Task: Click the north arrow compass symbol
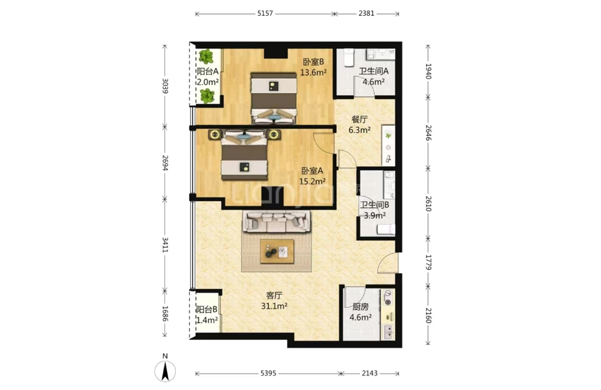tap(165, 371)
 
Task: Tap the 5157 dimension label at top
tap(265, 13)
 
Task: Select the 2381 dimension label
tap(367, 13)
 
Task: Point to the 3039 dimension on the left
tap(165, 87)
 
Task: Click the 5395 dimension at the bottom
tap(268, 373)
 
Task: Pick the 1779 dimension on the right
tap(428, 262)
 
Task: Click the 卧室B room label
tap(313, 62)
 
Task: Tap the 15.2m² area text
tap(312, 181)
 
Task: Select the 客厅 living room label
tap(274, 295)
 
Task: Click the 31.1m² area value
tap(274, 306)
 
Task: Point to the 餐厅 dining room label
tap(360, 119)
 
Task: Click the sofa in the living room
tap(277, 222)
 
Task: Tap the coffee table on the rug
tap(277, 252)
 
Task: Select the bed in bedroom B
tap(274, 98)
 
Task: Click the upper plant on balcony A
tap(207, 57)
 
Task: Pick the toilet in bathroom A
tap(348, 58)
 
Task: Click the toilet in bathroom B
tap(385, 229)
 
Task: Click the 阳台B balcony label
tap(207, 309)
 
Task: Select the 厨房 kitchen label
tap(360, 307)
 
